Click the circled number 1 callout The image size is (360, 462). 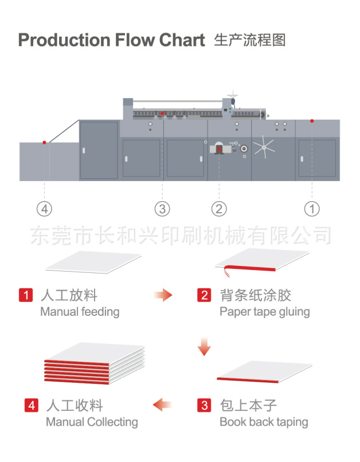[311, 209]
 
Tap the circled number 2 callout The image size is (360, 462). [219, 209]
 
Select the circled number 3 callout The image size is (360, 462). [162, 209]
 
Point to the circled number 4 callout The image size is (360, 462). [44, 209]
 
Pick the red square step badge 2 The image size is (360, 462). [205, 296]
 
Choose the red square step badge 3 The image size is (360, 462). [205, 406]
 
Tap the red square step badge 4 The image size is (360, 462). [32, 406]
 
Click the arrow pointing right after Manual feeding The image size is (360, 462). [163, 296]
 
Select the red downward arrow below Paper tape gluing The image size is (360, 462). [204, 347]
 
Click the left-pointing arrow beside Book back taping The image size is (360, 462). [163, 405]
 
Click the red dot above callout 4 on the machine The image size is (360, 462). [44, 142]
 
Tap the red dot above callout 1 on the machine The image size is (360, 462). [312, 121]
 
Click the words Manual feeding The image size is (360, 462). [80, 312]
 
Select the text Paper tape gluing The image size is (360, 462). [264, 312]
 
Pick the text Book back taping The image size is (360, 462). [264, 422]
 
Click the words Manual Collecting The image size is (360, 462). [92, 422]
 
